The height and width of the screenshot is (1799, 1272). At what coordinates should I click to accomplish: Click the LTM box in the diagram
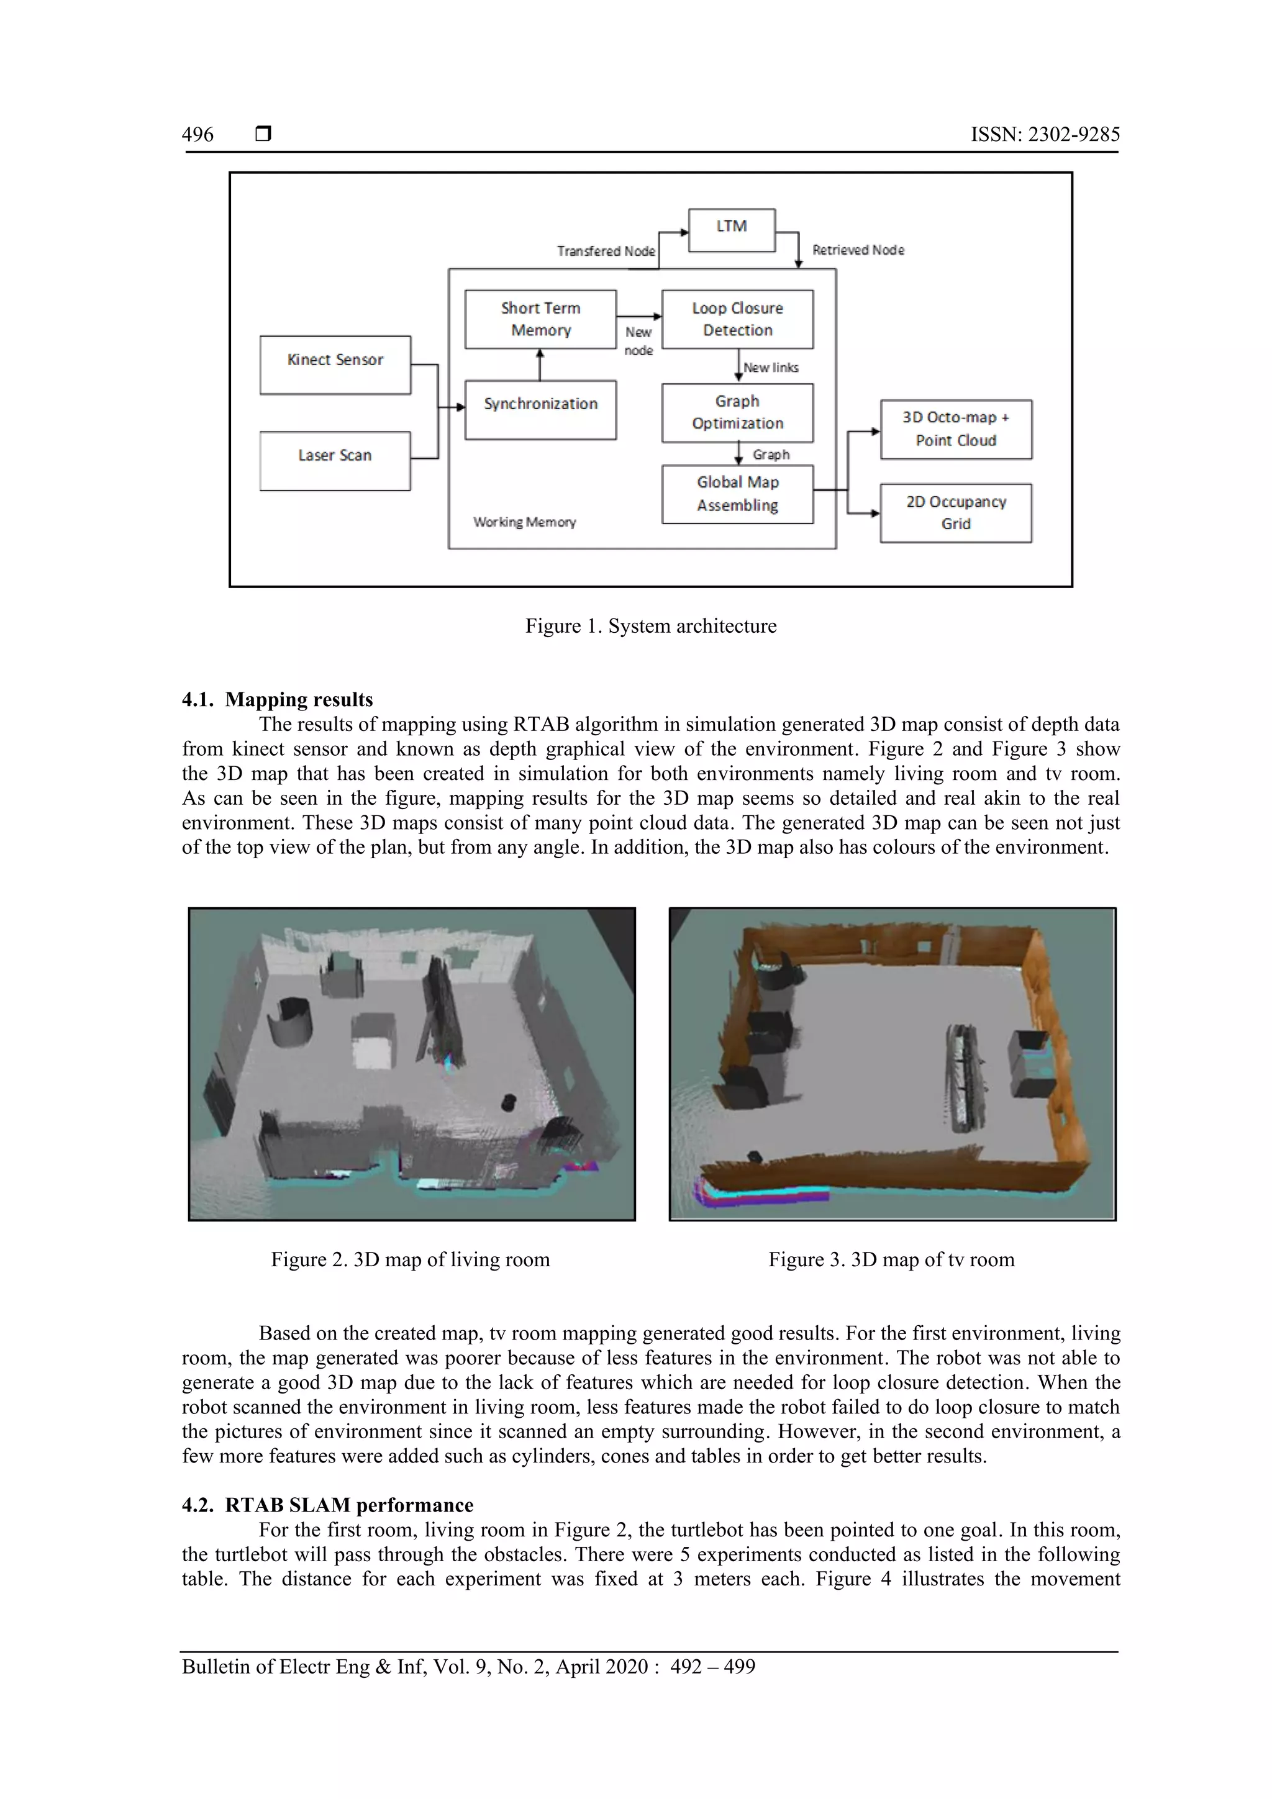[x=731, y=230]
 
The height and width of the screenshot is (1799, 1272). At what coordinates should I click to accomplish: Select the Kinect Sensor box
[x=335, y=365]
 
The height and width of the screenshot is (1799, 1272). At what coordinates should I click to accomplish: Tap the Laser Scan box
[x=335, y=460]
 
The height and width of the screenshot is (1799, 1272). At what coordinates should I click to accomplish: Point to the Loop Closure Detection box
[x=737, y=319]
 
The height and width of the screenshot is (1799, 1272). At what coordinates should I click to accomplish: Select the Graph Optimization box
[x=737, y=412]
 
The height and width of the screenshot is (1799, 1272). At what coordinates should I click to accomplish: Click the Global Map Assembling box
[x=737, y=494]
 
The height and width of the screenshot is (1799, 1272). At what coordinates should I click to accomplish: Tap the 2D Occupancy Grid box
[x=955, y=512]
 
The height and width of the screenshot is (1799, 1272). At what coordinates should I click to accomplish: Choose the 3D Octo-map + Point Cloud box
[x=955, y=428]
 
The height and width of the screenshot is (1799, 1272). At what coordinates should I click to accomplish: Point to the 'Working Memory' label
[x=524, y=522]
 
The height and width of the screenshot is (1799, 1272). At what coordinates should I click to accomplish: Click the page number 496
[x=198, y=134]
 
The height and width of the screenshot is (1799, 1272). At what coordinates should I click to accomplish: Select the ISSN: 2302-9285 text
[x=1045, y=134]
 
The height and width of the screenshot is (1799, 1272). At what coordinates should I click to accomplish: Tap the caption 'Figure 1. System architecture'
[x=650, y=626]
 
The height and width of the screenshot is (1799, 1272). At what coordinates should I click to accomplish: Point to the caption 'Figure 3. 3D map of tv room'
[x=891, y=1259]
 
